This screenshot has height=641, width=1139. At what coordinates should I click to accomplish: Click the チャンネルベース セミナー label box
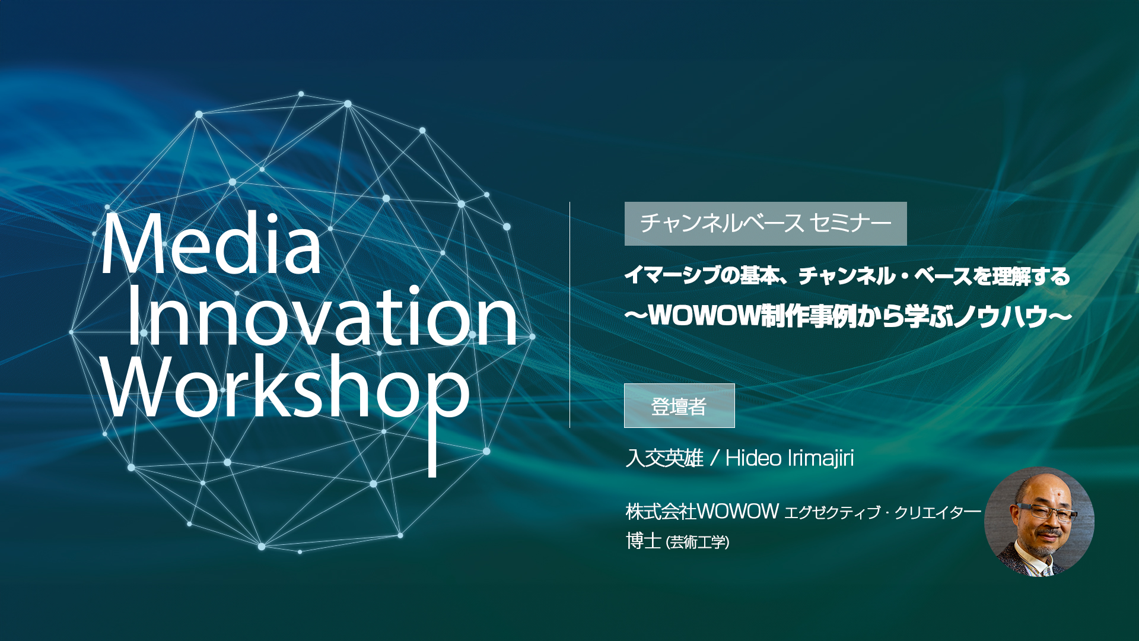(x=765, y=224)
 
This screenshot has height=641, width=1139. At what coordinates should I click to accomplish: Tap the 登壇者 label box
(x=679, y=406)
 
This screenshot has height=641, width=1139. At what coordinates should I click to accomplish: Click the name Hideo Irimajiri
(x=790, y=458)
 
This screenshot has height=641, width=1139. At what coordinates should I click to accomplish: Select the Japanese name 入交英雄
(x=664, y=458)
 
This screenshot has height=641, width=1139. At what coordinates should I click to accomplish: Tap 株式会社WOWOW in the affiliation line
(x=702, y=511)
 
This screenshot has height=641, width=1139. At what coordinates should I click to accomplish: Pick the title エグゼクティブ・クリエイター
(x=883, y=513)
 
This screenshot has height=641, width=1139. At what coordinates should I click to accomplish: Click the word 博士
(x=643, y=541)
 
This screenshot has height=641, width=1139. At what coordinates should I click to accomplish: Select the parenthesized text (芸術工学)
(x=698, y=542)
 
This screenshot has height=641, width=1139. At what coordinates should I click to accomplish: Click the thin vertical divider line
(x=569, y=315)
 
